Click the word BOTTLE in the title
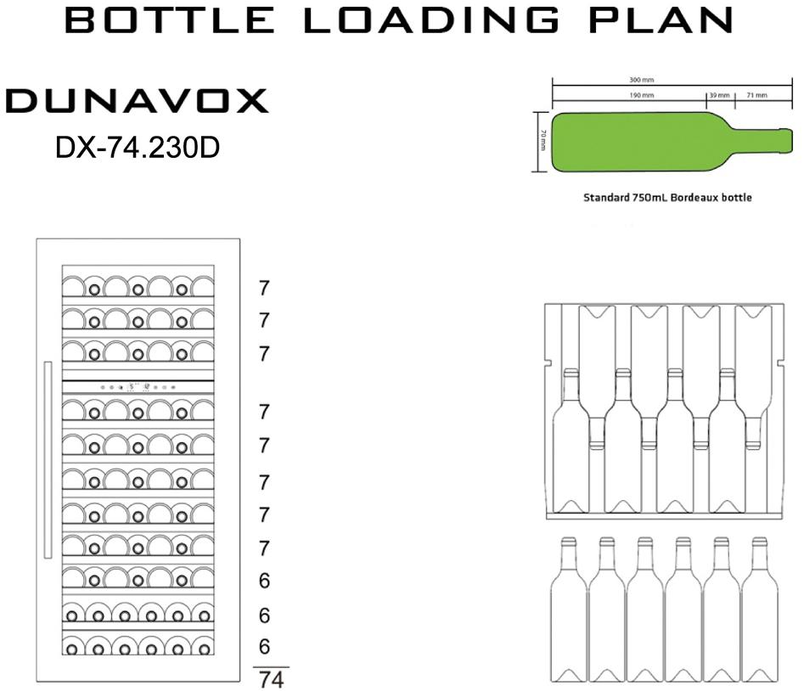pyautogui.click(x=170, y=20)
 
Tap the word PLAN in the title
pyautogui.click(x=661, y=20)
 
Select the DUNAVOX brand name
pyautogui.click(x=137, y=100)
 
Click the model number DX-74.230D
pyautogui.click(x=138, y=148)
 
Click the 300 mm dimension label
pyautogui.click(x=642, y=80)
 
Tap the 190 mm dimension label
pyautogui.click(x=642, y=95)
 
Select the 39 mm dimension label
pyautogui.click(x=719, y=95)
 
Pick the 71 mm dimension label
pyautogui.click(x=756, y=95)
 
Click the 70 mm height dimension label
pyautogui.click(x=543, y=140)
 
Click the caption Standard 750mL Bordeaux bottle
pyautogui.click(x=667, y=197)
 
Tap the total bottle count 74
pyautogui.click(x=271, y=680)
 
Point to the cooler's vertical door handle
pyautogui.click(x=48, y=460)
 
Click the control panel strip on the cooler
pyautogui.click(x=138, y=387)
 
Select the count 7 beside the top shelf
pyautogui.click(x=264, y=289)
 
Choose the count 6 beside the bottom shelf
pyautogui.click(x=264, y=646)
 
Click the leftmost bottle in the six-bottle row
pyautogui.click(x=569, y=610)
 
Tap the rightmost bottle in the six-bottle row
pyautogui.click(x=760, y=610)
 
